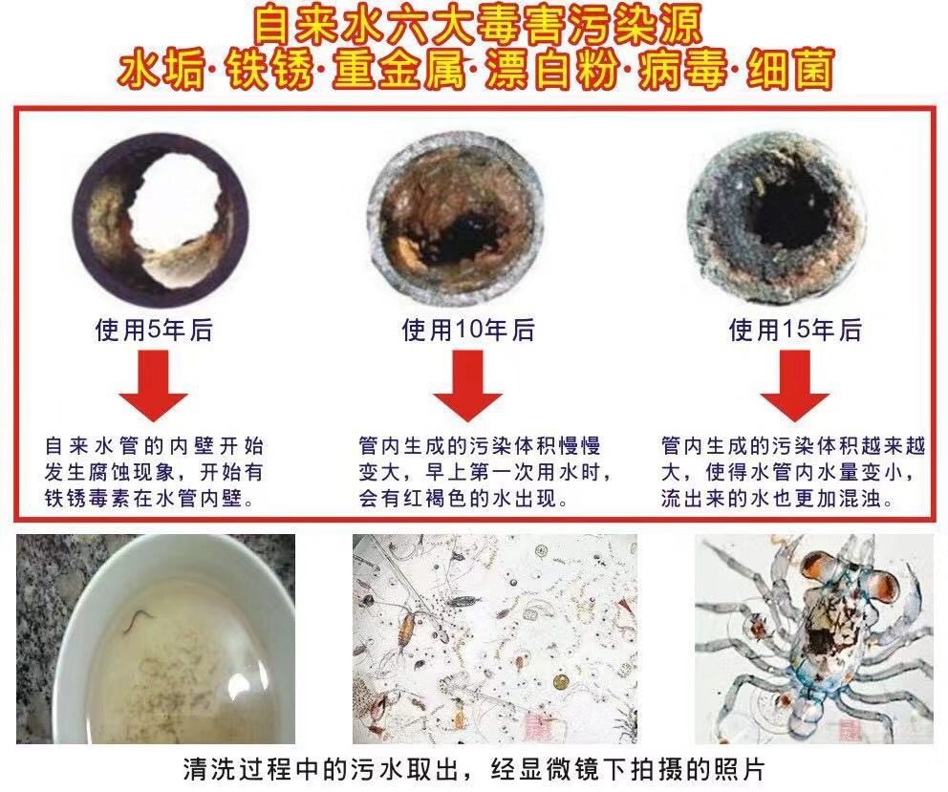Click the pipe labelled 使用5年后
click(x=161, y=222)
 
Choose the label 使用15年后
click(x=795, y=331)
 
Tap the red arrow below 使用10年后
click(x=467, y=386)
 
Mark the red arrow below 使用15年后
click(x=795, y=386)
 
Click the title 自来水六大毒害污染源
click(x=474, y=23)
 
